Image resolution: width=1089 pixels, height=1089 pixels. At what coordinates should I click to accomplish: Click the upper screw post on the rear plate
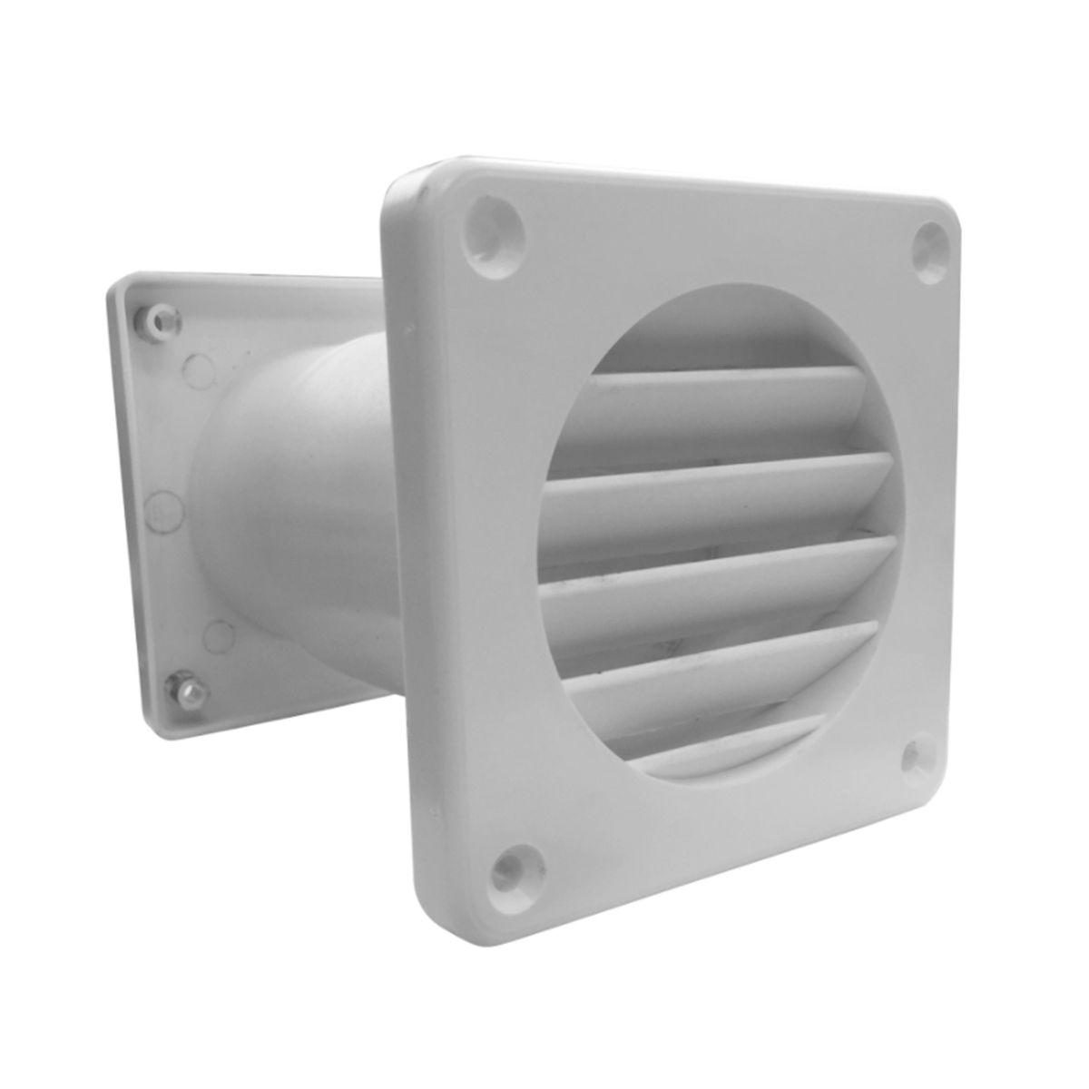[x=162, y=320]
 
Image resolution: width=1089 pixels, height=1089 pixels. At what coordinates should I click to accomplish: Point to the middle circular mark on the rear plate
[x=162, y=509]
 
